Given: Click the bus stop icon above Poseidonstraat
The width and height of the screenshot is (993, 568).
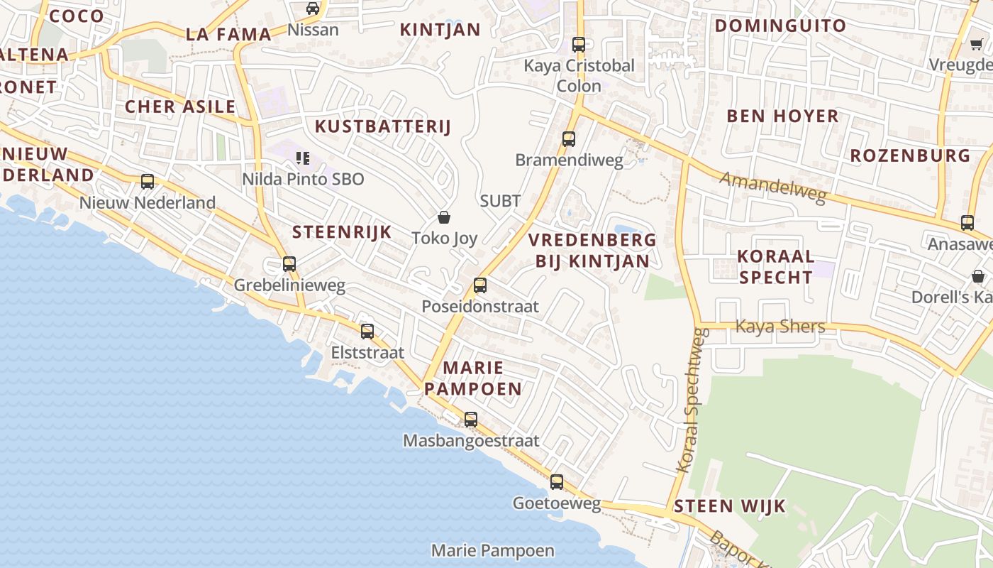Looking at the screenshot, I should (480, 285).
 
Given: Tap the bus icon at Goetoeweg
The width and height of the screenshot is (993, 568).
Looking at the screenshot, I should (557, 482).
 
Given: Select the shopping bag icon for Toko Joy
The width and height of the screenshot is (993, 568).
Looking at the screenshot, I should (444, 217).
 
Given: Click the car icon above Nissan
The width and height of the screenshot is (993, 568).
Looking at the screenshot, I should (313, 9).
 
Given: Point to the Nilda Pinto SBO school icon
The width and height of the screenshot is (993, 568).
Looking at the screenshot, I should (303, 158).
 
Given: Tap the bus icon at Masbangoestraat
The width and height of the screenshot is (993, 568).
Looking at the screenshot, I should (471, 419).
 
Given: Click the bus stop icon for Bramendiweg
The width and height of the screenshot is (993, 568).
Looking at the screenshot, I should (569, 138).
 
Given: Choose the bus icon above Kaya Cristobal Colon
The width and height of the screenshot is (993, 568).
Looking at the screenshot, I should (579, 44).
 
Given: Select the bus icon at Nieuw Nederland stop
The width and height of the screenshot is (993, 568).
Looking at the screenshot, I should (148, 181).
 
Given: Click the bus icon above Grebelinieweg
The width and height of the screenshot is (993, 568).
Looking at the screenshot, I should (289, 263).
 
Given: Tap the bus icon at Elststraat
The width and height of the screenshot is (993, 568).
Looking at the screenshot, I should (367, 331).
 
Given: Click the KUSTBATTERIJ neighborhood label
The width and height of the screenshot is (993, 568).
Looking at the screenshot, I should (383, 126).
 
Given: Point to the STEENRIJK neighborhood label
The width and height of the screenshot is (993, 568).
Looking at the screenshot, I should (342, 231).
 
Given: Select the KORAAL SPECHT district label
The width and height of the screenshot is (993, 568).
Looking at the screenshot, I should (775, 266).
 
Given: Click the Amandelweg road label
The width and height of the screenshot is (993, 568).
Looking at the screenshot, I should (773, 187).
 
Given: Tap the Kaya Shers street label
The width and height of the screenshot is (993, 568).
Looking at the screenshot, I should (780, 327).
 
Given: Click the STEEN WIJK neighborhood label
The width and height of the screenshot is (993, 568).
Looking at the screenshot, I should (730, 506).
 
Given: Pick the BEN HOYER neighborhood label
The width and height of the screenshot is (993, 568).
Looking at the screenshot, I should (782, 116).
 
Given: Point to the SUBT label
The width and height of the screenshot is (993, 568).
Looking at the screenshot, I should (500, 201).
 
